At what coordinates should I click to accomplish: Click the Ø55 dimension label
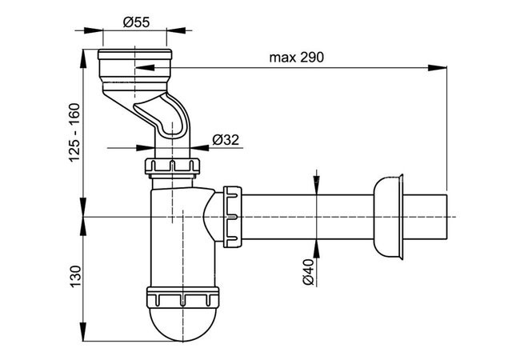point(136,22)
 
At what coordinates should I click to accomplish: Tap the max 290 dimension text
point(297,58)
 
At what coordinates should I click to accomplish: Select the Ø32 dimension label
point(226,140)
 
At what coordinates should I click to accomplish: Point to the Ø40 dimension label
point(308,272)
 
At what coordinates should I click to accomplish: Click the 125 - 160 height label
point(74,132)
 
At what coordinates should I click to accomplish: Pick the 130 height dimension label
point(75,276)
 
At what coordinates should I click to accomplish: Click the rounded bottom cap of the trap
point(183,324)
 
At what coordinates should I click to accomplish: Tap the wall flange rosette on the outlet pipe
point(388,218)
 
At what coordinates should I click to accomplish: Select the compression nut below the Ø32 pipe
point(172,166)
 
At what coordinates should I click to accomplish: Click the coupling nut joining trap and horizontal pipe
point(233,217)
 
